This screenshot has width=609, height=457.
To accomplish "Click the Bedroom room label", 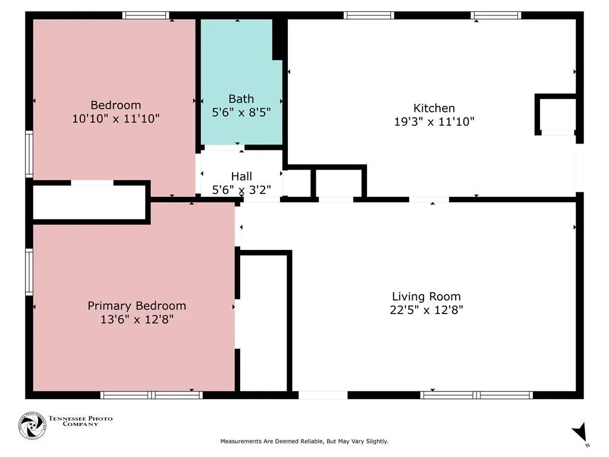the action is pos(116,105).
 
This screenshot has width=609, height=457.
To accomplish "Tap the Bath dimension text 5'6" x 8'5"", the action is pos(241,112).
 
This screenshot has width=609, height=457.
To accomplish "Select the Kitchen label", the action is pos(434,108).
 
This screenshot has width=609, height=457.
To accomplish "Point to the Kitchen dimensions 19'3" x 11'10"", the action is pos(434,121).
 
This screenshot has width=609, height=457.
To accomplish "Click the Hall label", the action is pos(241,176).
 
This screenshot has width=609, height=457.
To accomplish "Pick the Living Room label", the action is pos(426,296).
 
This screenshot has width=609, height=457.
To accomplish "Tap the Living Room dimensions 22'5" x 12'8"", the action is pos(426,309).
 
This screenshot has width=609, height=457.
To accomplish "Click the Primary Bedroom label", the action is pos(137,306).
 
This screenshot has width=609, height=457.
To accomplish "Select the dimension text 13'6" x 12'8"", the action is pos(137,320).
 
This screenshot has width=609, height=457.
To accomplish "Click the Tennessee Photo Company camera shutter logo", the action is pos(32,426).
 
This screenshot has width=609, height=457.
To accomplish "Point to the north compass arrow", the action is pos(580,432).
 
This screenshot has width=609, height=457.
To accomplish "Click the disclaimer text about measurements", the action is pos(304,441).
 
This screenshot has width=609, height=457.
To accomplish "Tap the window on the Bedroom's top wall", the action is pos(146,15).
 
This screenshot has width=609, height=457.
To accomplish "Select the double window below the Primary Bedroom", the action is pos(152,395).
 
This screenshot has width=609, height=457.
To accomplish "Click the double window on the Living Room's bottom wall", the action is pos(476,395).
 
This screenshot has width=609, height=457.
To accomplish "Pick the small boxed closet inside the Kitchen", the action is pos(556,114).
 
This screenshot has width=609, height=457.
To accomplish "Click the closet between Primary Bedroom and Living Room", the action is pos(263,322).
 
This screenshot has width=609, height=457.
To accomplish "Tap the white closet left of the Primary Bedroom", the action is pos(89,202).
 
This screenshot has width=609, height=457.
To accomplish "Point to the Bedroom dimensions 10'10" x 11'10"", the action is pos(116,118).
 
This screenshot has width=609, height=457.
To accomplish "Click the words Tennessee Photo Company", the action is pos(80,421).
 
